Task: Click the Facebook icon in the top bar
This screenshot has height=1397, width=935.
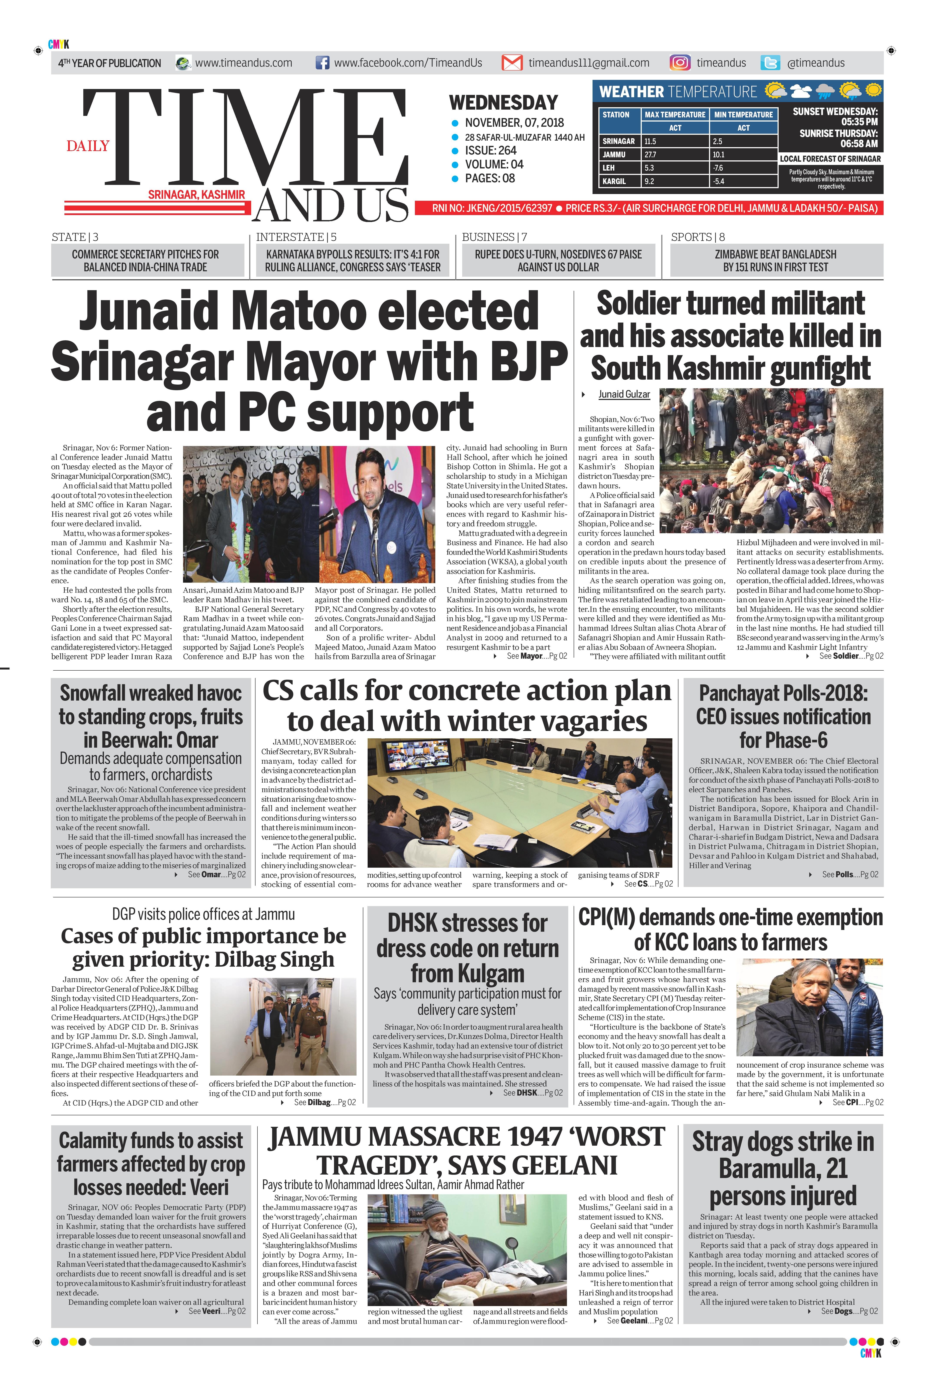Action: tap(322, 63)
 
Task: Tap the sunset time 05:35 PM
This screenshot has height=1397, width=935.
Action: tap(859, 122)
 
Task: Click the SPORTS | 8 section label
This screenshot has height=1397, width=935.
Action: tap(698, 237)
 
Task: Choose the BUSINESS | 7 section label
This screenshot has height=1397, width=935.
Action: tap(494, 237)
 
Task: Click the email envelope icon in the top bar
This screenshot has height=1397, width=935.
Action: tap(512, 63)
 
